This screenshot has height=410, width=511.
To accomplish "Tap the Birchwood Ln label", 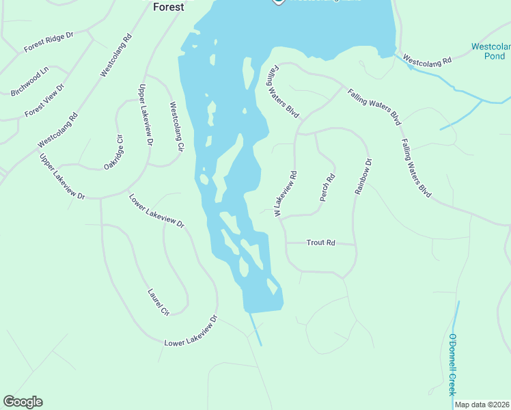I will coord(29,81).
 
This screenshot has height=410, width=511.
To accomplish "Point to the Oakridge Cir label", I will coord(113,152).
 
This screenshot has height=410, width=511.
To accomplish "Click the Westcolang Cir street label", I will coord(176,126).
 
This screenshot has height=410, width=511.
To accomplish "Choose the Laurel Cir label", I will coord(158,303).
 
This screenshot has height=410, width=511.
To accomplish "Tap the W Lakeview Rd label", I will coord(286,194).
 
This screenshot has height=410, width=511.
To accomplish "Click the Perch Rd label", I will coord(328,188).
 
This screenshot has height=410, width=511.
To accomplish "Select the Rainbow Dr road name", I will coord(363,177).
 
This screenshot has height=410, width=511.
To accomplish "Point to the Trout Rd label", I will coord(320,243).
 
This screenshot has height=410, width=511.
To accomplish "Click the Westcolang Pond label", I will coord(491,51).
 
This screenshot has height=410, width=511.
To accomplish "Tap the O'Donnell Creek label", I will coord(452,364).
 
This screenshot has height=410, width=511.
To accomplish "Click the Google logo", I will coord(23,402).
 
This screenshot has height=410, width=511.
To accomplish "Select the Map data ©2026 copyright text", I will coord(482,405).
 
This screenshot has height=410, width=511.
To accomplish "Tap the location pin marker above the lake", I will coord(279,2).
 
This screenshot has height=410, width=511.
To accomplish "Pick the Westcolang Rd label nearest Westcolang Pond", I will coord(428,60).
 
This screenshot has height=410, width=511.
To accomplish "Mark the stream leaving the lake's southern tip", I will coord(255,329).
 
